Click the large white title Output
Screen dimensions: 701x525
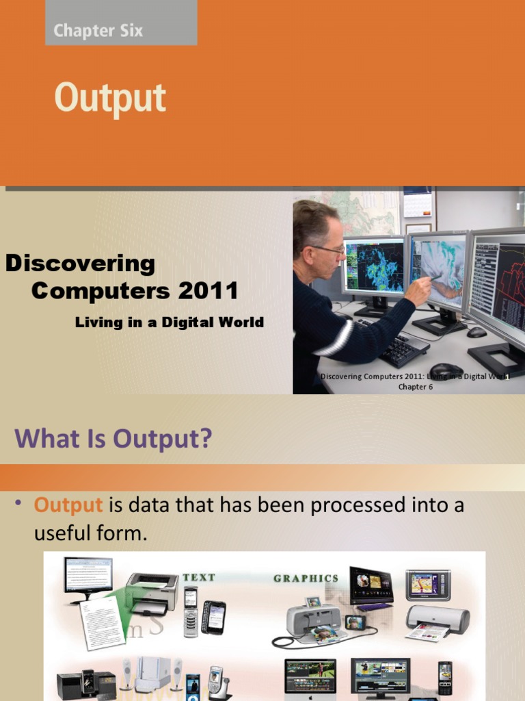[110, 98]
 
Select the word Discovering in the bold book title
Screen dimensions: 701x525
[80, 264]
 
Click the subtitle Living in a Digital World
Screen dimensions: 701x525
[169, 322]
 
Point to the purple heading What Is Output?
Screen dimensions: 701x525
[113, 439]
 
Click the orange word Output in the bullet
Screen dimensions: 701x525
[68, 505]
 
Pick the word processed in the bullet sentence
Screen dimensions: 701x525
[320, 505]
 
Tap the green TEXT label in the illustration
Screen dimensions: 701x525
[199, 577]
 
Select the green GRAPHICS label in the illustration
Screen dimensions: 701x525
[306, 578]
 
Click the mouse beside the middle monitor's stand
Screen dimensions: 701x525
[476, 332]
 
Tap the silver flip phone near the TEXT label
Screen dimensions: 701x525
[190, 611]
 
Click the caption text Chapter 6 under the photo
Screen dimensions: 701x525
[416, 387]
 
